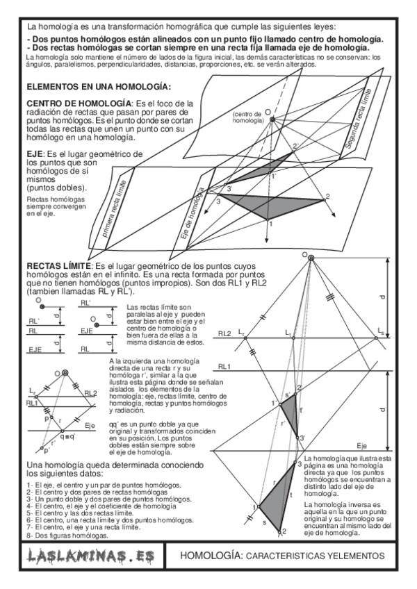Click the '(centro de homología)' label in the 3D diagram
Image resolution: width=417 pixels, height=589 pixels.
(248, 117)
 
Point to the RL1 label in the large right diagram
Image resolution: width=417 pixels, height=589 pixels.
(224, 365)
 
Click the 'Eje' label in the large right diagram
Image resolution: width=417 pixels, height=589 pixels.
(361, 445)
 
